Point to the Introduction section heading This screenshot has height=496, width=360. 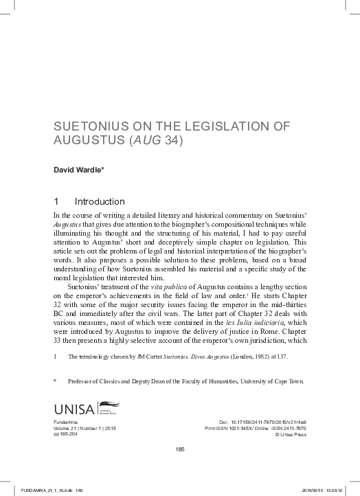coord(100,202)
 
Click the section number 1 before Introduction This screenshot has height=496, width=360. coord(56,202)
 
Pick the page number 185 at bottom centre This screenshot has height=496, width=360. coord(179,449)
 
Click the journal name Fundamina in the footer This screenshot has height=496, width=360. coord(66,418)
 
